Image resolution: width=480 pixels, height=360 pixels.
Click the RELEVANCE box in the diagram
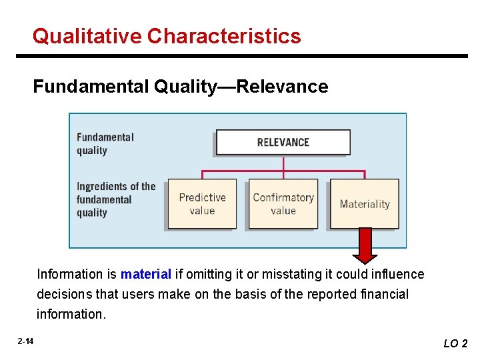[x=283, y=142]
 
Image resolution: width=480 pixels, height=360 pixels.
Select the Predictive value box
[x=202, y=204]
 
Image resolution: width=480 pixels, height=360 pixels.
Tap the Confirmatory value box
[x=283, y=204]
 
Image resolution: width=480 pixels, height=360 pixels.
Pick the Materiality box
[x=365, y=204]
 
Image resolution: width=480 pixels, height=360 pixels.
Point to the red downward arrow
[x=365, y=245]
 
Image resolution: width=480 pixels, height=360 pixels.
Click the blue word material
[x=146, y=274]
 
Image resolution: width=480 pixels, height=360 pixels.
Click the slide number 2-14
[x=26, y=341]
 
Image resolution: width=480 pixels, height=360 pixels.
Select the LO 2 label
[x=456, y=343]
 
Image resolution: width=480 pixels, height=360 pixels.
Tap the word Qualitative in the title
[x=87, y=35]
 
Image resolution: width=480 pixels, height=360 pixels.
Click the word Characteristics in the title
[x=225, y=35]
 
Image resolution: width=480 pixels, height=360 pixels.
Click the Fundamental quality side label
[x=105, y=143]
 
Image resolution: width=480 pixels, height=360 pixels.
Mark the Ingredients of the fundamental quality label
[x=115, y=199]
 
